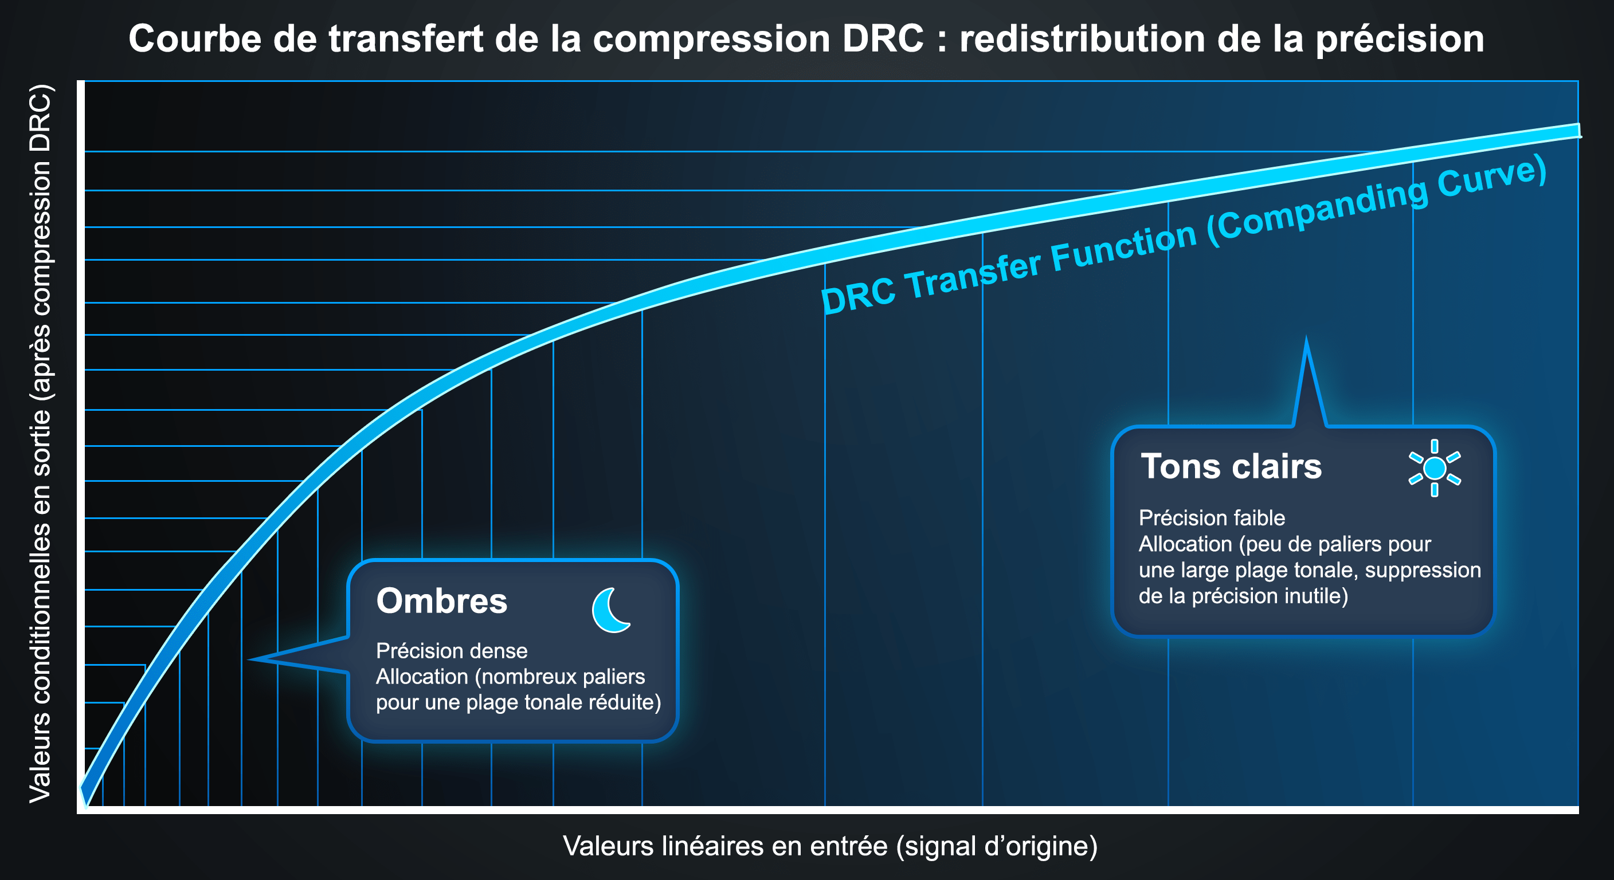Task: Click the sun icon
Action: [1434, 468]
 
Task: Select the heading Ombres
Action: [442, 602]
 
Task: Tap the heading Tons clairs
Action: [1231, 466]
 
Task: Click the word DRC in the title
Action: [883, 39]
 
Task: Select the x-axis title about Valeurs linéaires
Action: [830, 846]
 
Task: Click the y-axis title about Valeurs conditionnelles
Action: [40, 443]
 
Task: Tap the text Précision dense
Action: [452, 651]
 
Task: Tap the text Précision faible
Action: [1212, 518]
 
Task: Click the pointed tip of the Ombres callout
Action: [249, 659]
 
